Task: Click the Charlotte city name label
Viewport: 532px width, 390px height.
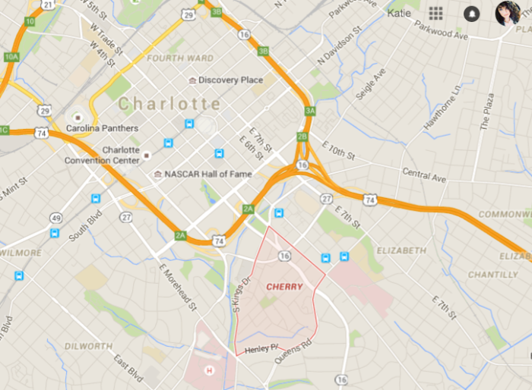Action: pyautogui.click(x=170, y=103)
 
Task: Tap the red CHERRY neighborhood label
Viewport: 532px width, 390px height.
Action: pyautogui.click(x=284, y=287)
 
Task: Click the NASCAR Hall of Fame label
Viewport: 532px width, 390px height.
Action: pyautogui.click(x=204, y=175)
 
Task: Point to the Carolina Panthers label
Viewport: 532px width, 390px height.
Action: pyautogui.click(x=102, y=128)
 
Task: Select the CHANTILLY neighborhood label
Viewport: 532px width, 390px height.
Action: pyautogui.click(x=492, y=275)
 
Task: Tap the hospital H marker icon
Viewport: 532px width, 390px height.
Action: pyautogui.click(x=211, y=370)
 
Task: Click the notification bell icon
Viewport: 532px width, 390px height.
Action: pyautogui.click(x=471, y=14)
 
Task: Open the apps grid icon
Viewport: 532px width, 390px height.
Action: pyautogui.click(x=435, y=13)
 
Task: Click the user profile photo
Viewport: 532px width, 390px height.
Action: pyautogui.click(x=507, y=13)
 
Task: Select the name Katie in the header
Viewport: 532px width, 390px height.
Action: pyautogui.click(x=399, y=13)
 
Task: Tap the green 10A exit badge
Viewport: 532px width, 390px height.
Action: pyautogui.click(x=11, y=57)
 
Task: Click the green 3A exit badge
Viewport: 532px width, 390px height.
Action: pyautogui.click(x=309, y=111)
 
